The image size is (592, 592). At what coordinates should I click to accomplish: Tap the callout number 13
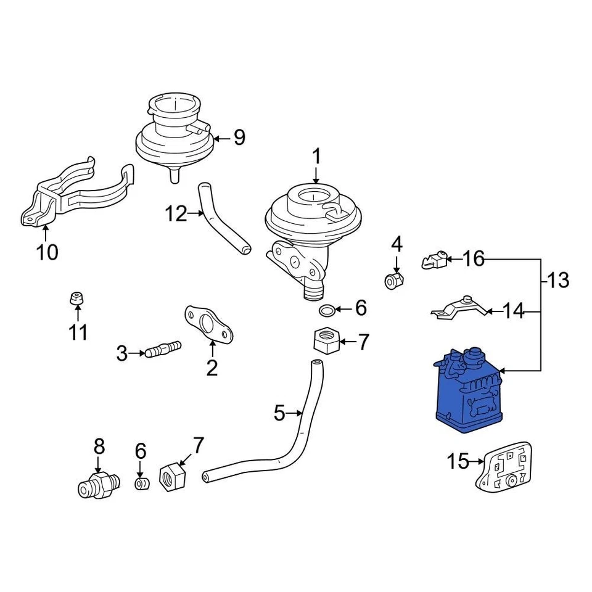[x=558, y=281]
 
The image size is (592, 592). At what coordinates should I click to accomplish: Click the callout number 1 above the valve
[x=316, y=157]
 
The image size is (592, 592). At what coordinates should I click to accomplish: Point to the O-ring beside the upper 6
[x=328, y=309]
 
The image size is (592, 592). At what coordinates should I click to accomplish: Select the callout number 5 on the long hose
[x=279, y=413]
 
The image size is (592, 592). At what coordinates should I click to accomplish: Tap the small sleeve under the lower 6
[x=142, y=483]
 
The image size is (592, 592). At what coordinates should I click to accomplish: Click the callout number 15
[x=459, y=461]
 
